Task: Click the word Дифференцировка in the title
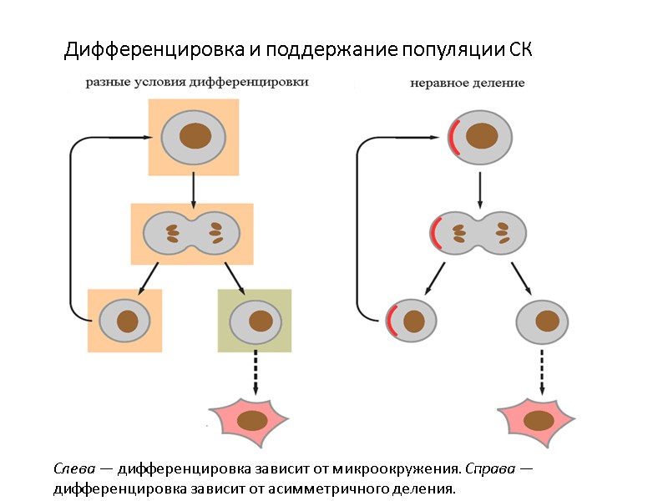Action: (x=154, y=50)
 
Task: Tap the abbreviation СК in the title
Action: (x=520, y=50)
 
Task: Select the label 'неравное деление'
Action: (x=467, y=83)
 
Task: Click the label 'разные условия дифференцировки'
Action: (x=197, y=83)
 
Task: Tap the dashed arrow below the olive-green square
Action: (x=254, y=372)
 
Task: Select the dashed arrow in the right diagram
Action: (x=542, y=372)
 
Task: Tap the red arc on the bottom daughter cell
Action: (x=390, y=321)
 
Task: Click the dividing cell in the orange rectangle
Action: (x=192, y=231)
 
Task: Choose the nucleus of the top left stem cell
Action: (x=197, y=136)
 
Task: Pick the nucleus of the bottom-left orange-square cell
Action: (x=127, y=320)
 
